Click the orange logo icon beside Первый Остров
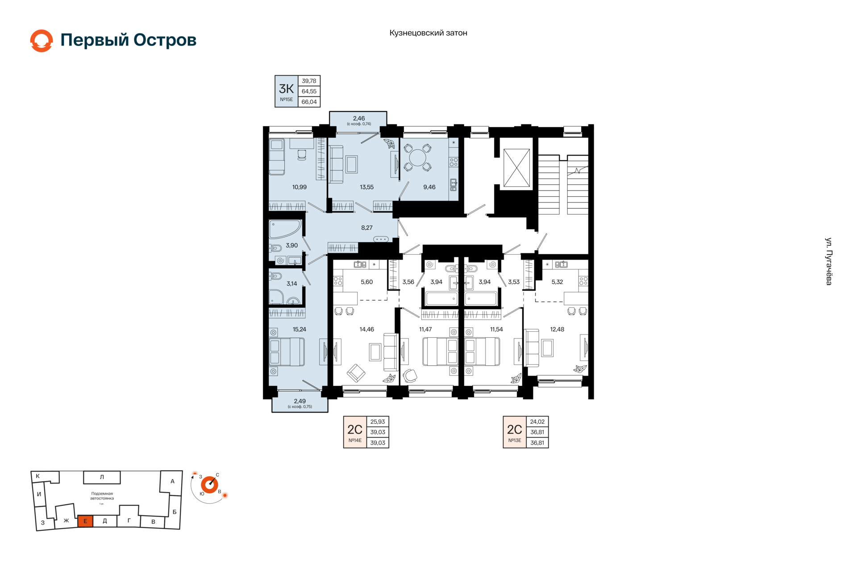point(42,41)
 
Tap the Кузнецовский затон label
point(428,33)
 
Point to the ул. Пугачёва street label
point(828,261)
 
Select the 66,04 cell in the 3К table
point(309,102)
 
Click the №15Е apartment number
point(287,99)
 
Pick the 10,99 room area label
point(300,187)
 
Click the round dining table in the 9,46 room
point(418,157)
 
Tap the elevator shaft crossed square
point(516,168)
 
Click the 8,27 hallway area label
point(367,228)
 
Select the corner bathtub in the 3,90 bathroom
point(284,229)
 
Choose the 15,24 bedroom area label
point(300,330)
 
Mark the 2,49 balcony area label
point(300,401)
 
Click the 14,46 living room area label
point(367,330)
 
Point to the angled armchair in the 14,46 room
point(356,373)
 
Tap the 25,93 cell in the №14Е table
point(378,421)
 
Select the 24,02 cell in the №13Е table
point(537,421)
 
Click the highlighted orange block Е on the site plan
point(85,521)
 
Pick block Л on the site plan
point(102,477)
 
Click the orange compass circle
point(209,485)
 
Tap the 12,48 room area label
point(557,330)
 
